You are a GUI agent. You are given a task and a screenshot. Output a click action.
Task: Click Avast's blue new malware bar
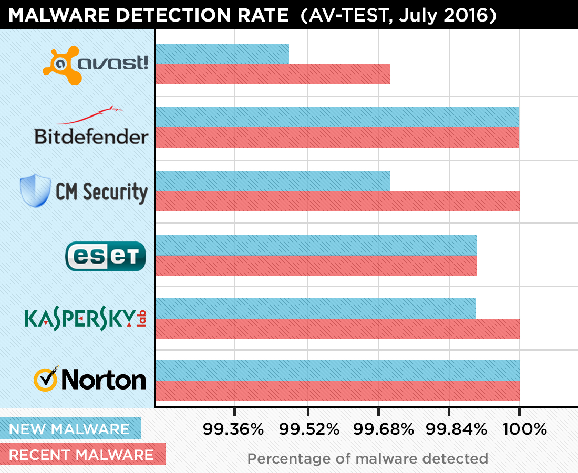(x=222, y=54)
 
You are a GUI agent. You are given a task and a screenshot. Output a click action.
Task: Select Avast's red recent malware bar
(x=273, y=73)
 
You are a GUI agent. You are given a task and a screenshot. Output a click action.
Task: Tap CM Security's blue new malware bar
(x=273, y=181)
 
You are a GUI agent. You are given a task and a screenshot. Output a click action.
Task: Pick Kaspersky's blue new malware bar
(x=316, y=308)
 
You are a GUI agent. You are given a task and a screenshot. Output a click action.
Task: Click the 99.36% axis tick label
(x=233, y=430)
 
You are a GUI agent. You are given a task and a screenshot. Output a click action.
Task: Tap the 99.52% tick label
(x=309, y=430)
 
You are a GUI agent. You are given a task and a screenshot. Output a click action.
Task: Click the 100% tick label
(x=525, y=430)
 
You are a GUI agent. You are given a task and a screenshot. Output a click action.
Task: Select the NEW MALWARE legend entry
(x=70, y=428)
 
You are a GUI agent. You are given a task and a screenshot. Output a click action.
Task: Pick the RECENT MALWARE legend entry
(x=82, y=454)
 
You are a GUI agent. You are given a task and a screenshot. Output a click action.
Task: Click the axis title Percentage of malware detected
(x=367, y=458)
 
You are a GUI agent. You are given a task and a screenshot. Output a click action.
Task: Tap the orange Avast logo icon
(x=62, y=65)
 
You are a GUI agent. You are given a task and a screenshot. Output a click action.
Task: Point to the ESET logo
(x=105, y=256)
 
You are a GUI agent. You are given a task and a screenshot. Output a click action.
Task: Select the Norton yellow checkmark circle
(x=46, y=380)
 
